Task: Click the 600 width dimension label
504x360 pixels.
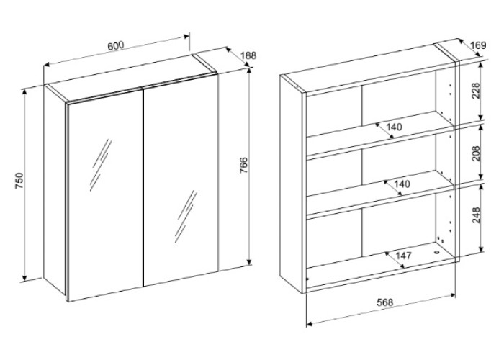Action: click(x=115, y=45)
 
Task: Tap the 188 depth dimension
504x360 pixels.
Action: click(x=248, y=55)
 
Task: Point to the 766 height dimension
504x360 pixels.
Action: click(x=244, y=166)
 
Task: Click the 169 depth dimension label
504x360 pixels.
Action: click(x=479, y=45)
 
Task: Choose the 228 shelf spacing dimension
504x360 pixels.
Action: click(x=476, y=91)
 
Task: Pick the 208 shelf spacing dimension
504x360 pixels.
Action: click(x=476, y=153)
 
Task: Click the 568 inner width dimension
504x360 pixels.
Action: click(x=384, y=302)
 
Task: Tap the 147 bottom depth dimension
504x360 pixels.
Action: click(x=403, y=256)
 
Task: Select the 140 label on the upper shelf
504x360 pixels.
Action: click(x=394, y=127)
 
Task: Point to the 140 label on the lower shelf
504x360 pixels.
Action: click(x=402, y=184)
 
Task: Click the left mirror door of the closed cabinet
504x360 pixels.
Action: click(x=105, y=194)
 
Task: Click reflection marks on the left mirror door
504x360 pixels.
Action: click(x=101, y=164)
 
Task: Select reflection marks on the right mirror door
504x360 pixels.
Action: click(x=186, y=216)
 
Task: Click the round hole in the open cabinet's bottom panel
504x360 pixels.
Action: click(x=436, y=253)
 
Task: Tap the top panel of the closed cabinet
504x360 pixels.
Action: click(x=131, y=78)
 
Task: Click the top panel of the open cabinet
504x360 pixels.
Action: click(x=369, y=67)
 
